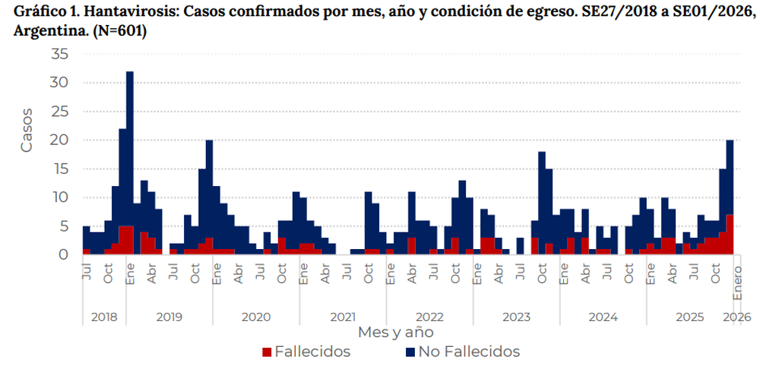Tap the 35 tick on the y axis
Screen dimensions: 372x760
pyautogui.click(x=60, y=54)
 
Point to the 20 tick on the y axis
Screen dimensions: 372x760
pyautogui.click(x=60, y=140)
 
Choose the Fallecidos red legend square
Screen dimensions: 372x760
pyautogui.click(x=266, y=352)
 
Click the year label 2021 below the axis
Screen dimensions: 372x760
pyautogui.click(x=343, y=316)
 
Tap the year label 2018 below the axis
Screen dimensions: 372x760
pyautogui.click(x=104, y=316)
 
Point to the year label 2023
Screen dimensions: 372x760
pyautogui.click(x=516, y=316)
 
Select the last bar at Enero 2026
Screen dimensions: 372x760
pyautogui.click(x=730, y=197)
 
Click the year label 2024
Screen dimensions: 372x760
pyautogui.click(x=603, y=316)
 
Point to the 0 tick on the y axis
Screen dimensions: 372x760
pyautogui.click(x=65, y=254)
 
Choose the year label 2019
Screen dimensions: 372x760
pyautogui.click(x=169, y=316)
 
